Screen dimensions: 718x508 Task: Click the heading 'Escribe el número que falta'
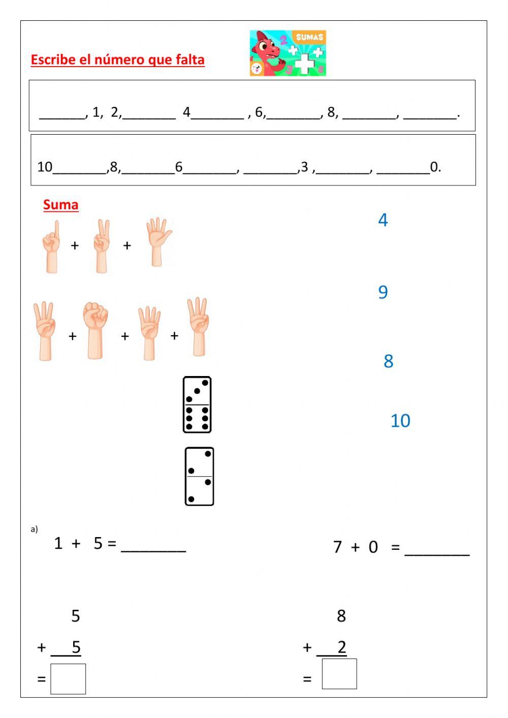coord(117,60)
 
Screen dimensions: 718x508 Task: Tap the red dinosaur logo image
coord(288,53)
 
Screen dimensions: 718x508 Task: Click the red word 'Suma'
coord(60,205)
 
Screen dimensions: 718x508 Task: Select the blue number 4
coord(383,220)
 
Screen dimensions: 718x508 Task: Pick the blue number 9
coord(383,292)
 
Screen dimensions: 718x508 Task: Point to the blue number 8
coord(389,361)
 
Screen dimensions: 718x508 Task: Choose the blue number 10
coord(400,421)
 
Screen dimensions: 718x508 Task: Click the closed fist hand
coord(96,330)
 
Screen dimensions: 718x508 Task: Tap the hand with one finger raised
coord(51,246)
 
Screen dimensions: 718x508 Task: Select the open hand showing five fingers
coord(158,242)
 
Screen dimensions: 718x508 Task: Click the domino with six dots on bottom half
coord(197,405)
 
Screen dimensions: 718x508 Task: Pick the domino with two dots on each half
coord(199,477)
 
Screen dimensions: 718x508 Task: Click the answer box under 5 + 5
coord(68,679)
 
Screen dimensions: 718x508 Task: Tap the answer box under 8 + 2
coord(339,674)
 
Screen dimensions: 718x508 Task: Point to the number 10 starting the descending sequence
coord(45,167)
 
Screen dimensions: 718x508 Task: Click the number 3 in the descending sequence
coord(304,167)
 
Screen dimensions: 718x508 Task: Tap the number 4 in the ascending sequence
coord(186,112)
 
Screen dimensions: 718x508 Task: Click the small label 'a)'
coord(34,529)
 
